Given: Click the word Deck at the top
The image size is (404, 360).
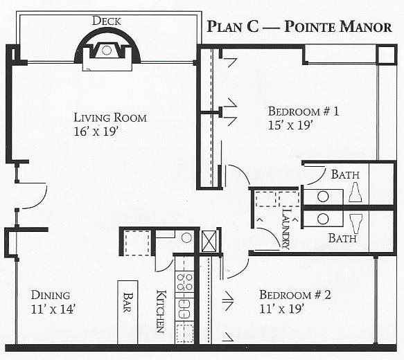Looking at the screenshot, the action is tap(107, 21).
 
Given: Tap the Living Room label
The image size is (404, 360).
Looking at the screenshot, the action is tap(110, 118).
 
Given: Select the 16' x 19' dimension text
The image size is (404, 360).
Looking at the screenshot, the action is tap(96, 132).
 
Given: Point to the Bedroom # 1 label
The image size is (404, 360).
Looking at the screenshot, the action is tap(304, 111).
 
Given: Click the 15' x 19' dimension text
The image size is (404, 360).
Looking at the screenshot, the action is tap(290, 125).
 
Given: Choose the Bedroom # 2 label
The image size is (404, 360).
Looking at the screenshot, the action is tap(295, 295).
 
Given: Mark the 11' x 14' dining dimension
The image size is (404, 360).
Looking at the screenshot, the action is tap(53, 309).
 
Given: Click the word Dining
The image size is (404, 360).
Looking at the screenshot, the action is tap(51, 295).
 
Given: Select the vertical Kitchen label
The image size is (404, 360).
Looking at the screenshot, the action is tap(161, 312).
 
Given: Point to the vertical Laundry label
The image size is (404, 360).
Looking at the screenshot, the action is tap(286, 228).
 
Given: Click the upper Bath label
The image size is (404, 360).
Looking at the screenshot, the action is tap(345, 174).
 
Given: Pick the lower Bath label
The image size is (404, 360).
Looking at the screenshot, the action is tap(342, 238).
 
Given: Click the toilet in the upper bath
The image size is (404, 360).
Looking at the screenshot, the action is tap(355, 192).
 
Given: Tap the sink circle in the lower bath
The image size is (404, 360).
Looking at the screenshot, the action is tap(323, 219).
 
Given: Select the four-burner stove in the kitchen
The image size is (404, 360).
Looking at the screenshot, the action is tap(184, 282).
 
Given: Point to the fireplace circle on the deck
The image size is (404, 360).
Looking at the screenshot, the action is tap(107, 50).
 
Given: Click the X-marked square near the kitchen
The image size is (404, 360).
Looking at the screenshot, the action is tap(209, 242).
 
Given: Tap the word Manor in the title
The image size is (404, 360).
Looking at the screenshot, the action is tap(365, 27).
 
